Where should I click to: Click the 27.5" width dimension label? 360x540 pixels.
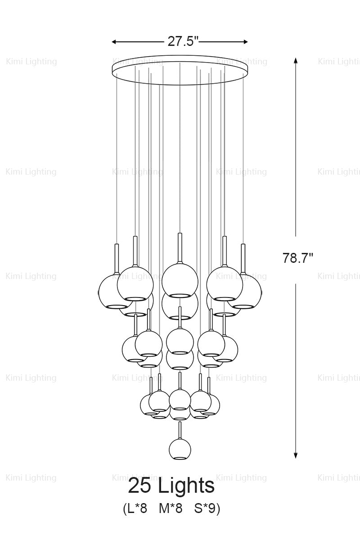[183, 42]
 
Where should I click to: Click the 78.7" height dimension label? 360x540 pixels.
[298, 258]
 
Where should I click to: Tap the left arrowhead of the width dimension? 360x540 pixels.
[115, 42]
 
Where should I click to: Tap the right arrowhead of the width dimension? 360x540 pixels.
[245, 42]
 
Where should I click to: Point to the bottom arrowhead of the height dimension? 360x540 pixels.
[296, 455]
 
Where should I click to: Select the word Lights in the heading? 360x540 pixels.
[186, 486]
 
